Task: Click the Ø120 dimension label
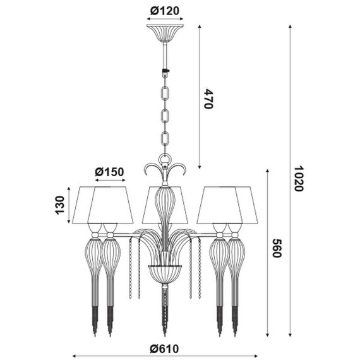point(165,11)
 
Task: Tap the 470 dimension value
point(208,99)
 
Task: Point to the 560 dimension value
point(277,248)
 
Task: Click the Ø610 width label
point(164,349)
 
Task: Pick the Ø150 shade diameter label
point(109,172)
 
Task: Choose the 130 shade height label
point(60,205)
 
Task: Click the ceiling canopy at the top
point(165,33)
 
